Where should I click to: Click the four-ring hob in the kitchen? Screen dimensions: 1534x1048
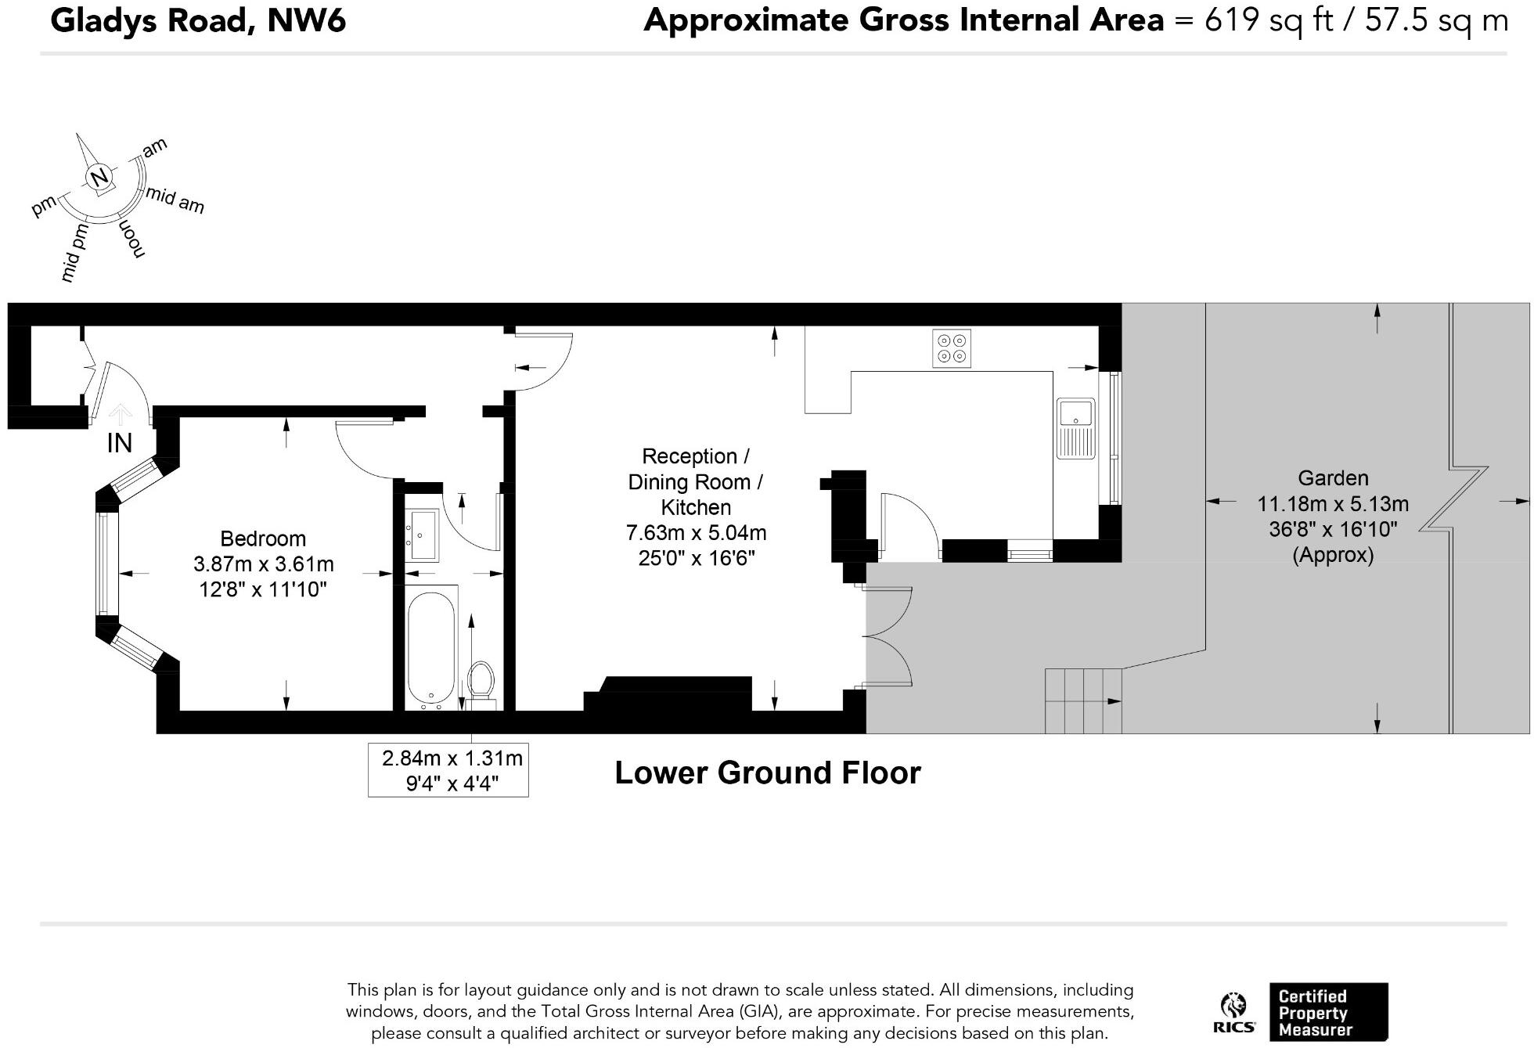coord(952,348)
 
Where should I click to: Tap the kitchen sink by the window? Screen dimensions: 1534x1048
coord(1076,428)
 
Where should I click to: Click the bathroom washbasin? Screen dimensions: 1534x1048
coord(423,535)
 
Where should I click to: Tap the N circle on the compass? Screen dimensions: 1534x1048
coord(99,178)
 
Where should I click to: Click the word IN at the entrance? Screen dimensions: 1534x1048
coord(120,443)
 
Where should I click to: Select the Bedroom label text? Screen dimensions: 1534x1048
coord(263,538)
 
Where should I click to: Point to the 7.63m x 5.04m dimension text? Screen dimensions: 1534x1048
coord(696,533)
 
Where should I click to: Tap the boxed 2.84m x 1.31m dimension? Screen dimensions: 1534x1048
coord(448,770)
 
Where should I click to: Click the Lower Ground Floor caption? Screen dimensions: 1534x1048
coord(768,772)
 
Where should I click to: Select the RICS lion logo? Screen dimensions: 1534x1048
coord(1234,1013)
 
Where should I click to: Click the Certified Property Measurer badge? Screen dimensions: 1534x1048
coord(1328,1012)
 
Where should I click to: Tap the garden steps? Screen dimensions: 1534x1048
coord(1084,701)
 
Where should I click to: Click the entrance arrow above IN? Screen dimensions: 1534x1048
coord(119,415)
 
